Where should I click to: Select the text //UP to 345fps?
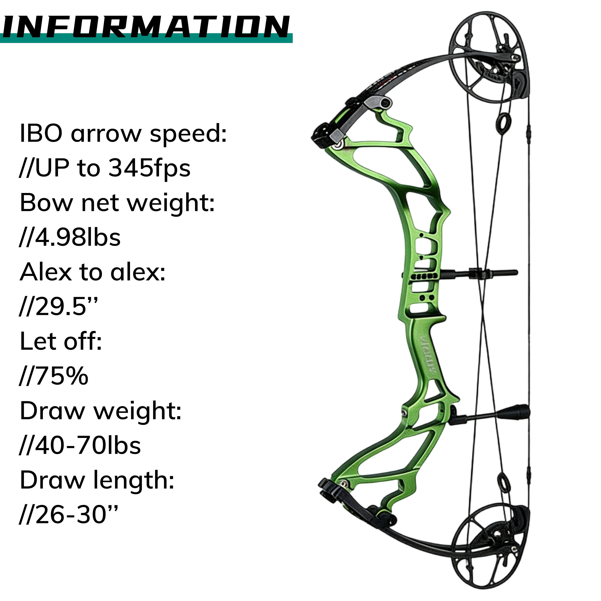click(105, 168)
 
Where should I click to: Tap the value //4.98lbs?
click(70, 238)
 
